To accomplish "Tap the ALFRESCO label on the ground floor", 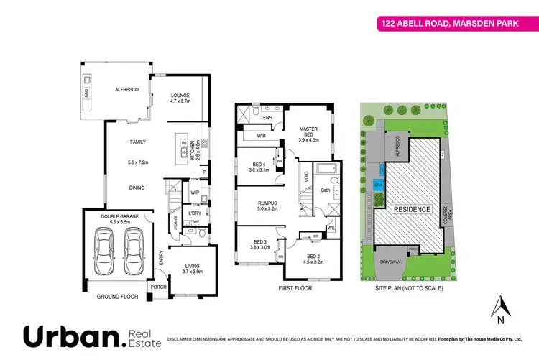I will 116,91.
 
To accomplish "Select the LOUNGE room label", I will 180,98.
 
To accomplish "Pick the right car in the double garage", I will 136,255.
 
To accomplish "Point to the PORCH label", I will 157,287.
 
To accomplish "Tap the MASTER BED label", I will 308,134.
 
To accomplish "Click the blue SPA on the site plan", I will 379,185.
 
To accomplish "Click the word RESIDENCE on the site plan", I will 412,209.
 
